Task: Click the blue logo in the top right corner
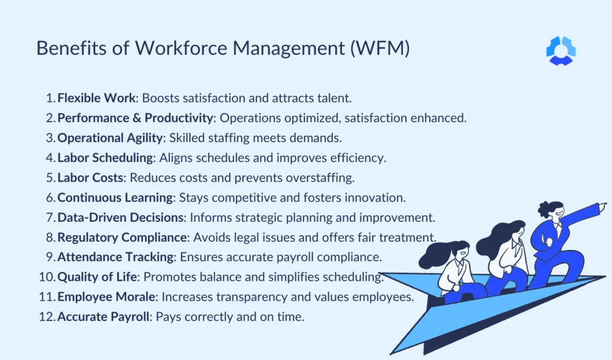561,50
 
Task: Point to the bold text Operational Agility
110,138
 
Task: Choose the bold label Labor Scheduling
105,158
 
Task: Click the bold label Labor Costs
91,178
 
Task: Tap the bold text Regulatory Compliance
122,237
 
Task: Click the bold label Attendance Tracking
114,257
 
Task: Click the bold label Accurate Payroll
103,316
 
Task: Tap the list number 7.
50,217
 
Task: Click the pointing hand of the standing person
602,205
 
